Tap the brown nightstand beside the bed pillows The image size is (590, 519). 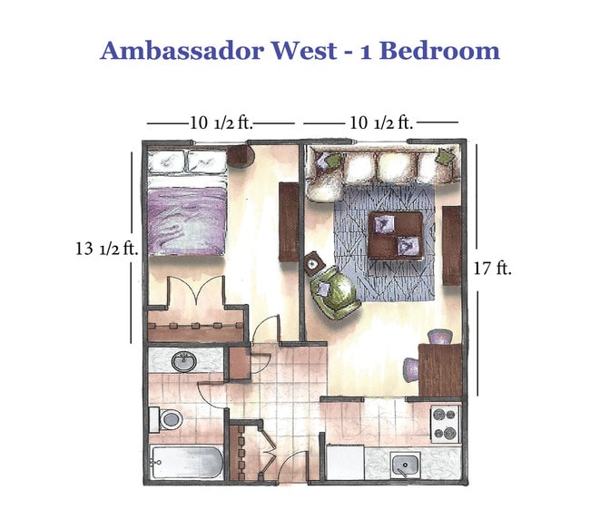[x=241, y=157]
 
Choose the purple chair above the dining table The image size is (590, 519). [x=439, y=337]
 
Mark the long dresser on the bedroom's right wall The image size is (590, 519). [x=288, y=221]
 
